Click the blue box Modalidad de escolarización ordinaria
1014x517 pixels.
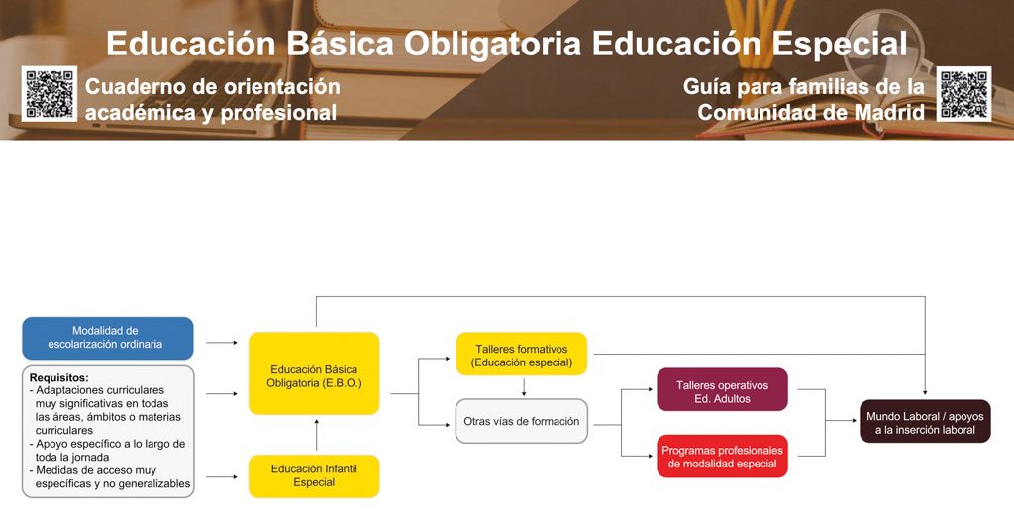[x=107, y=338]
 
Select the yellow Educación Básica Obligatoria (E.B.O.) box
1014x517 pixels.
[x=314, y=373]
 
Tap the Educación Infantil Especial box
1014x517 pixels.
[x=314, y=476]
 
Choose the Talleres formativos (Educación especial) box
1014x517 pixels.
[x=522, y=354]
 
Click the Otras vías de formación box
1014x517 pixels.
[x=522, y=421]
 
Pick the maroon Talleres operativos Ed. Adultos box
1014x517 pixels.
[x=722, y=389]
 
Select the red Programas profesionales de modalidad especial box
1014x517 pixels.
[x=722, y=457]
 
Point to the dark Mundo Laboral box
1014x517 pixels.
[x=926, y=421]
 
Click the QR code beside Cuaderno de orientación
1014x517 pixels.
[x=50, y=94]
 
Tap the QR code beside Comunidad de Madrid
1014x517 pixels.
[x=964, y=94]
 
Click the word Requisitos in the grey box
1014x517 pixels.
[x=58, y=377]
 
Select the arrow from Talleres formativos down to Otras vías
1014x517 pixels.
[x=524, y=387]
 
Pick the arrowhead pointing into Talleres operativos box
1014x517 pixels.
[x=650, y=389]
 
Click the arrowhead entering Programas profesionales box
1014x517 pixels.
[x=650, y=457]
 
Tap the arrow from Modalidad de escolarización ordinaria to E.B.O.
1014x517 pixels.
[x=222, y=343]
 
